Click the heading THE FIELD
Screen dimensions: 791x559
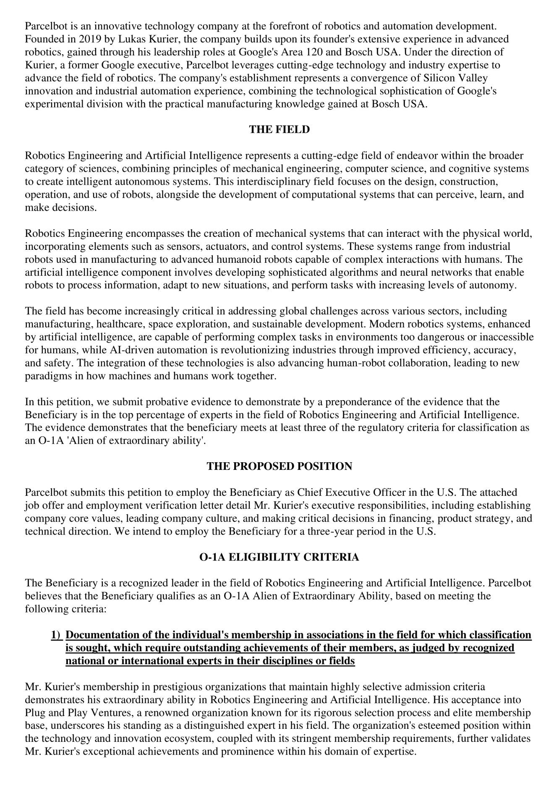[279, 130]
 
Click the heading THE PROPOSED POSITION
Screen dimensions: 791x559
[279, 466]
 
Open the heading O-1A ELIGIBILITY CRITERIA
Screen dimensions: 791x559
[279, 557]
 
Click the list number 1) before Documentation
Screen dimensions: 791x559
[57, 635]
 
